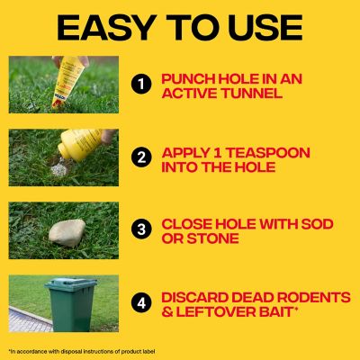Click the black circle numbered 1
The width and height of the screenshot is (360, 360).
(x=139, y=85)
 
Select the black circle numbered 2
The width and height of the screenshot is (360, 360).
(x=139, y=157)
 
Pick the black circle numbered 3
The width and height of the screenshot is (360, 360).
(x=139, y=229)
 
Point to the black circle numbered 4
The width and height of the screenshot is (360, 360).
(x=139, y=301)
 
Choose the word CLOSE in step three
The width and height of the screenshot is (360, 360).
(x=188, y=221)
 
